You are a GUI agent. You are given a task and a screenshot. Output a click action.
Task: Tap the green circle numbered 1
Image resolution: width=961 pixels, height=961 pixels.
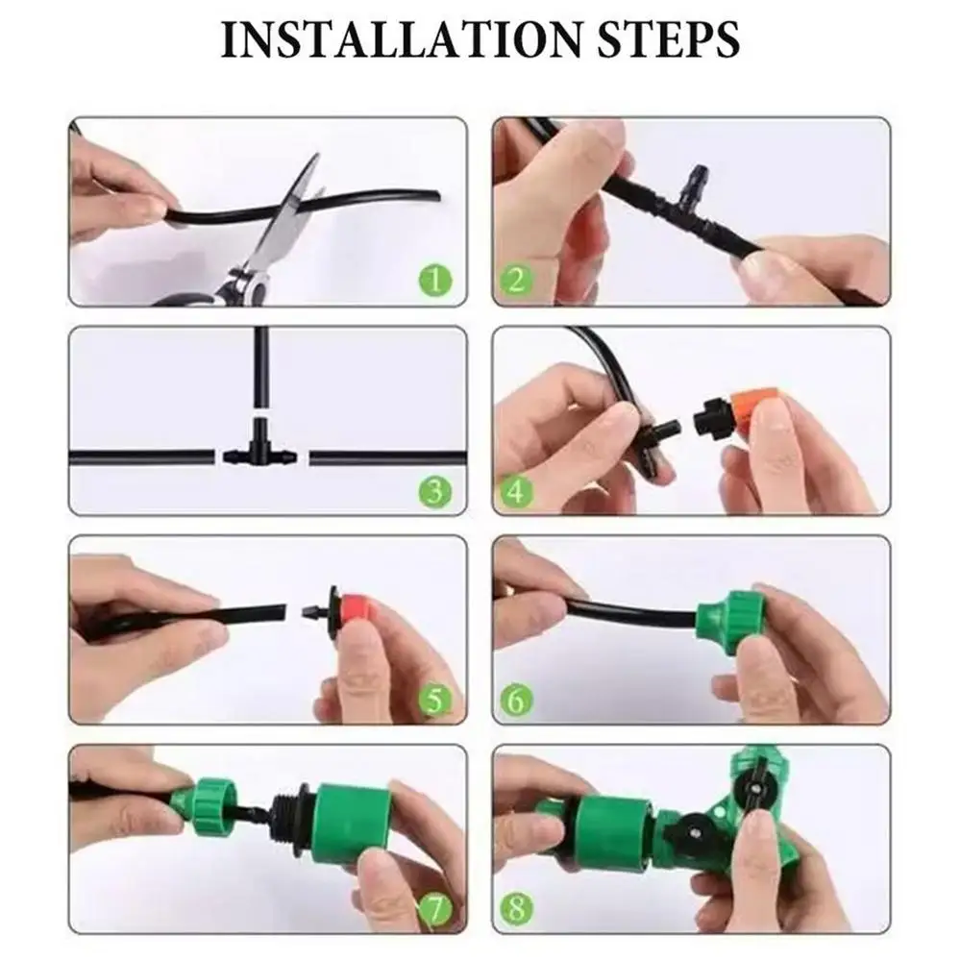click(435, 282)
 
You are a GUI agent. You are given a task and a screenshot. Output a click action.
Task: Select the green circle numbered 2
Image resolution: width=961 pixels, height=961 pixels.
click(516, 280)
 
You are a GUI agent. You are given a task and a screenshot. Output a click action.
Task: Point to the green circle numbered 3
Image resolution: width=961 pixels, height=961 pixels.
click(435, 491)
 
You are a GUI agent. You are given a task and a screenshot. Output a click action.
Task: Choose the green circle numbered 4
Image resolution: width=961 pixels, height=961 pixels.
click(516, 491)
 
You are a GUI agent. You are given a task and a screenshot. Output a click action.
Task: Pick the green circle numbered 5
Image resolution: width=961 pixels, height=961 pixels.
click(435, 701)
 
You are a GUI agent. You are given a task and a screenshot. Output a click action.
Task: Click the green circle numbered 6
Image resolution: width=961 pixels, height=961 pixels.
click(516, 701)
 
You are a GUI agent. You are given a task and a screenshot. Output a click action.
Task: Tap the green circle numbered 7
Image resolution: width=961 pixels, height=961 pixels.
click(435, 909)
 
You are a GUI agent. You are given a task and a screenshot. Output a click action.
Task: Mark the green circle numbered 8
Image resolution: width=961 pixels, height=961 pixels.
click(516, 909)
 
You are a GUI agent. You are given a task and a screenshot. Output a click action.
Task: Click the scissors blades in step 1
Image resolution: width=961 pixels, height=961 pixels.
click(291, 214)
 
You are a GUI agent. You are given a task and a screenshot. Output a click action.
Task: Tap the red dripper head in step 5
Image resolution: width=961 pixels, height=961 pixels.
click(357, 610)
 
